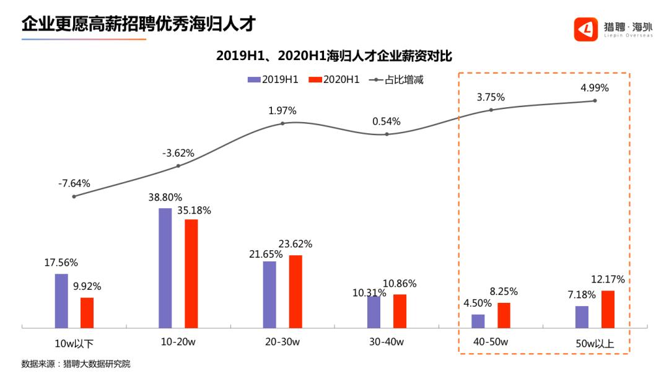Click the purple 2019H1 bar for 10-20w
point(165,268)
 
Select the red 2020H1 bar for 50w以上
point(608,308)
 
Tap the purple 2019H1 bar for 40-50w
point(478,320)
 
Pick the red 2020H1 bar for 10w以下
point(87,312)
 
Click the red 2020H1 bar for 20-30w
point(295,291)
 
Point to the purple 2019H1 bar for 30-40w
point(374,312)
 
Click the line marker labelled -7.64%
point(74,196)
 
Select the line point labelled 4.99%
point(595,100)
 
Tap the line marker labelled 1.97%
point(282,123)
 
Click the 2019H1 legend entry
point(273,79)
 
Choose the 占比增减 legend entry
point(396,79)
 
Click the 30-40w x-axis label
point(386,342)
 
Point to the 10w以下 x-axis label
point(74,343)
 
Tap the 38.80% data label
point(165,198)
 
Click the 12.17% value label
point(608,279)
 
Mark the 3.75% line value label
point(491,97)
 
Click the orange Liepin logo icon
point(585,28)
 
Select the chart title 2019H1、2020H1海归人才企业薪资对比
point(334,56)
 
